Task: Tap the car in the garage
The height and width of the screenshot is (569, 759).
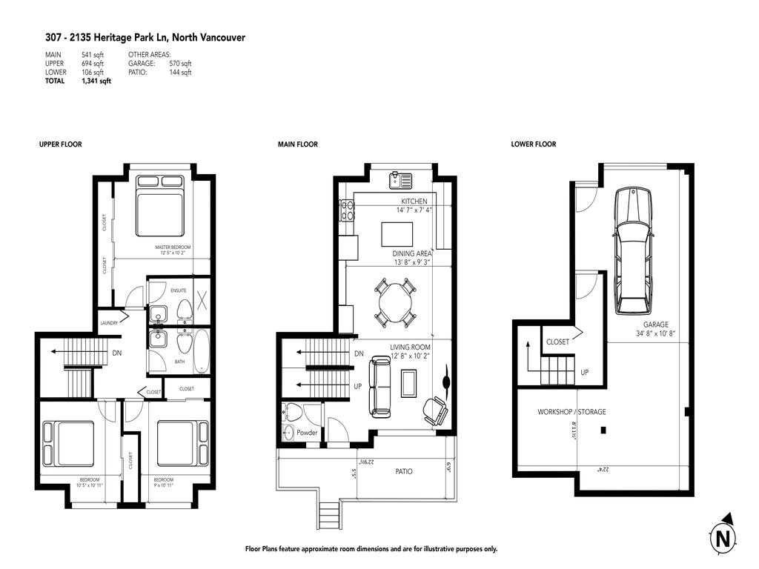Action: point(632,250)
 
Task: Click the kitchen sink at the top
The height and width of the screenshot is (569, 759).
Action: point(401,179)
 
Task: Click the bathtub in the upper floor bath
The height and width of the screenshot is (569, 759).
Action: point(201,350)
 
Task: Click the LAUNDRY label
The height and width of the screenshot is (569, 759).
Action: point(109,323)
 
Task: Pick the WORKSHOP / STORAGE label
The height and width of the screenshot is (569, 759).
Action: point(571,412)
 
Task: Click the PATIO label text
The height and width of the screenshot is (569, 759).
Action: point(404,471)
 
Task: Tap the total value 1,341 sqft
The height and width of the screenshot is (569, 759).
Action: point(96,81)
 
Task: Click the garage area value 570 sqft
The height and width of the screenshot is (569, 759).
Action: point(180,64)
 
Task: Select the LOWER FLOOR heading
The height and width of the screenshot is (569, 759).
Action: point(533,144)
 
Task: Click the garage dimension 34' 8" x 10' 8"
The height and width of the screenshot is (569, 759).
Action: point(655,334)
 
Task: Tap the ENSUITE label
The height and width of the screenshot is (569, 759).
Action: point(179,290)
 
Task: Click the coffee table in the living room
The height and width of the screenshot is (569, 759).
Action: point(409,383)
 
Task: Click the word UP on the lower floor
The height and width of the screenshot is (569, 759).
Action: point(584,372)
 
